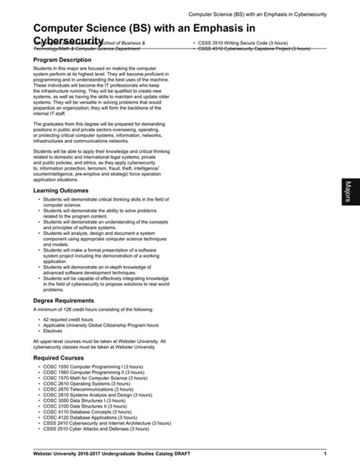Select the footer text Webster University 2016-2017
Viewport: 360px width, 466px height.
pos(68,454)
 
